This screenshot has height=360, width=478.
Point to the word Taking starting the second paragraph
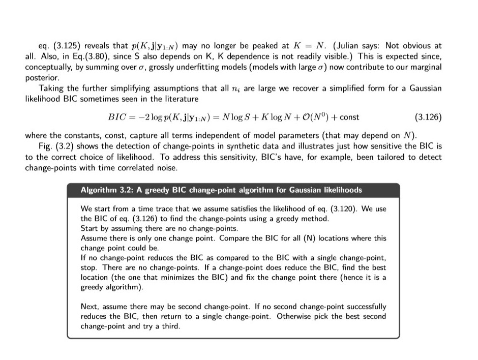(x=50, y=88)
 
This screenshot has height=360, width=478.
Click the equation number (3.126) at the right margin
(x=428, y=117)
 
